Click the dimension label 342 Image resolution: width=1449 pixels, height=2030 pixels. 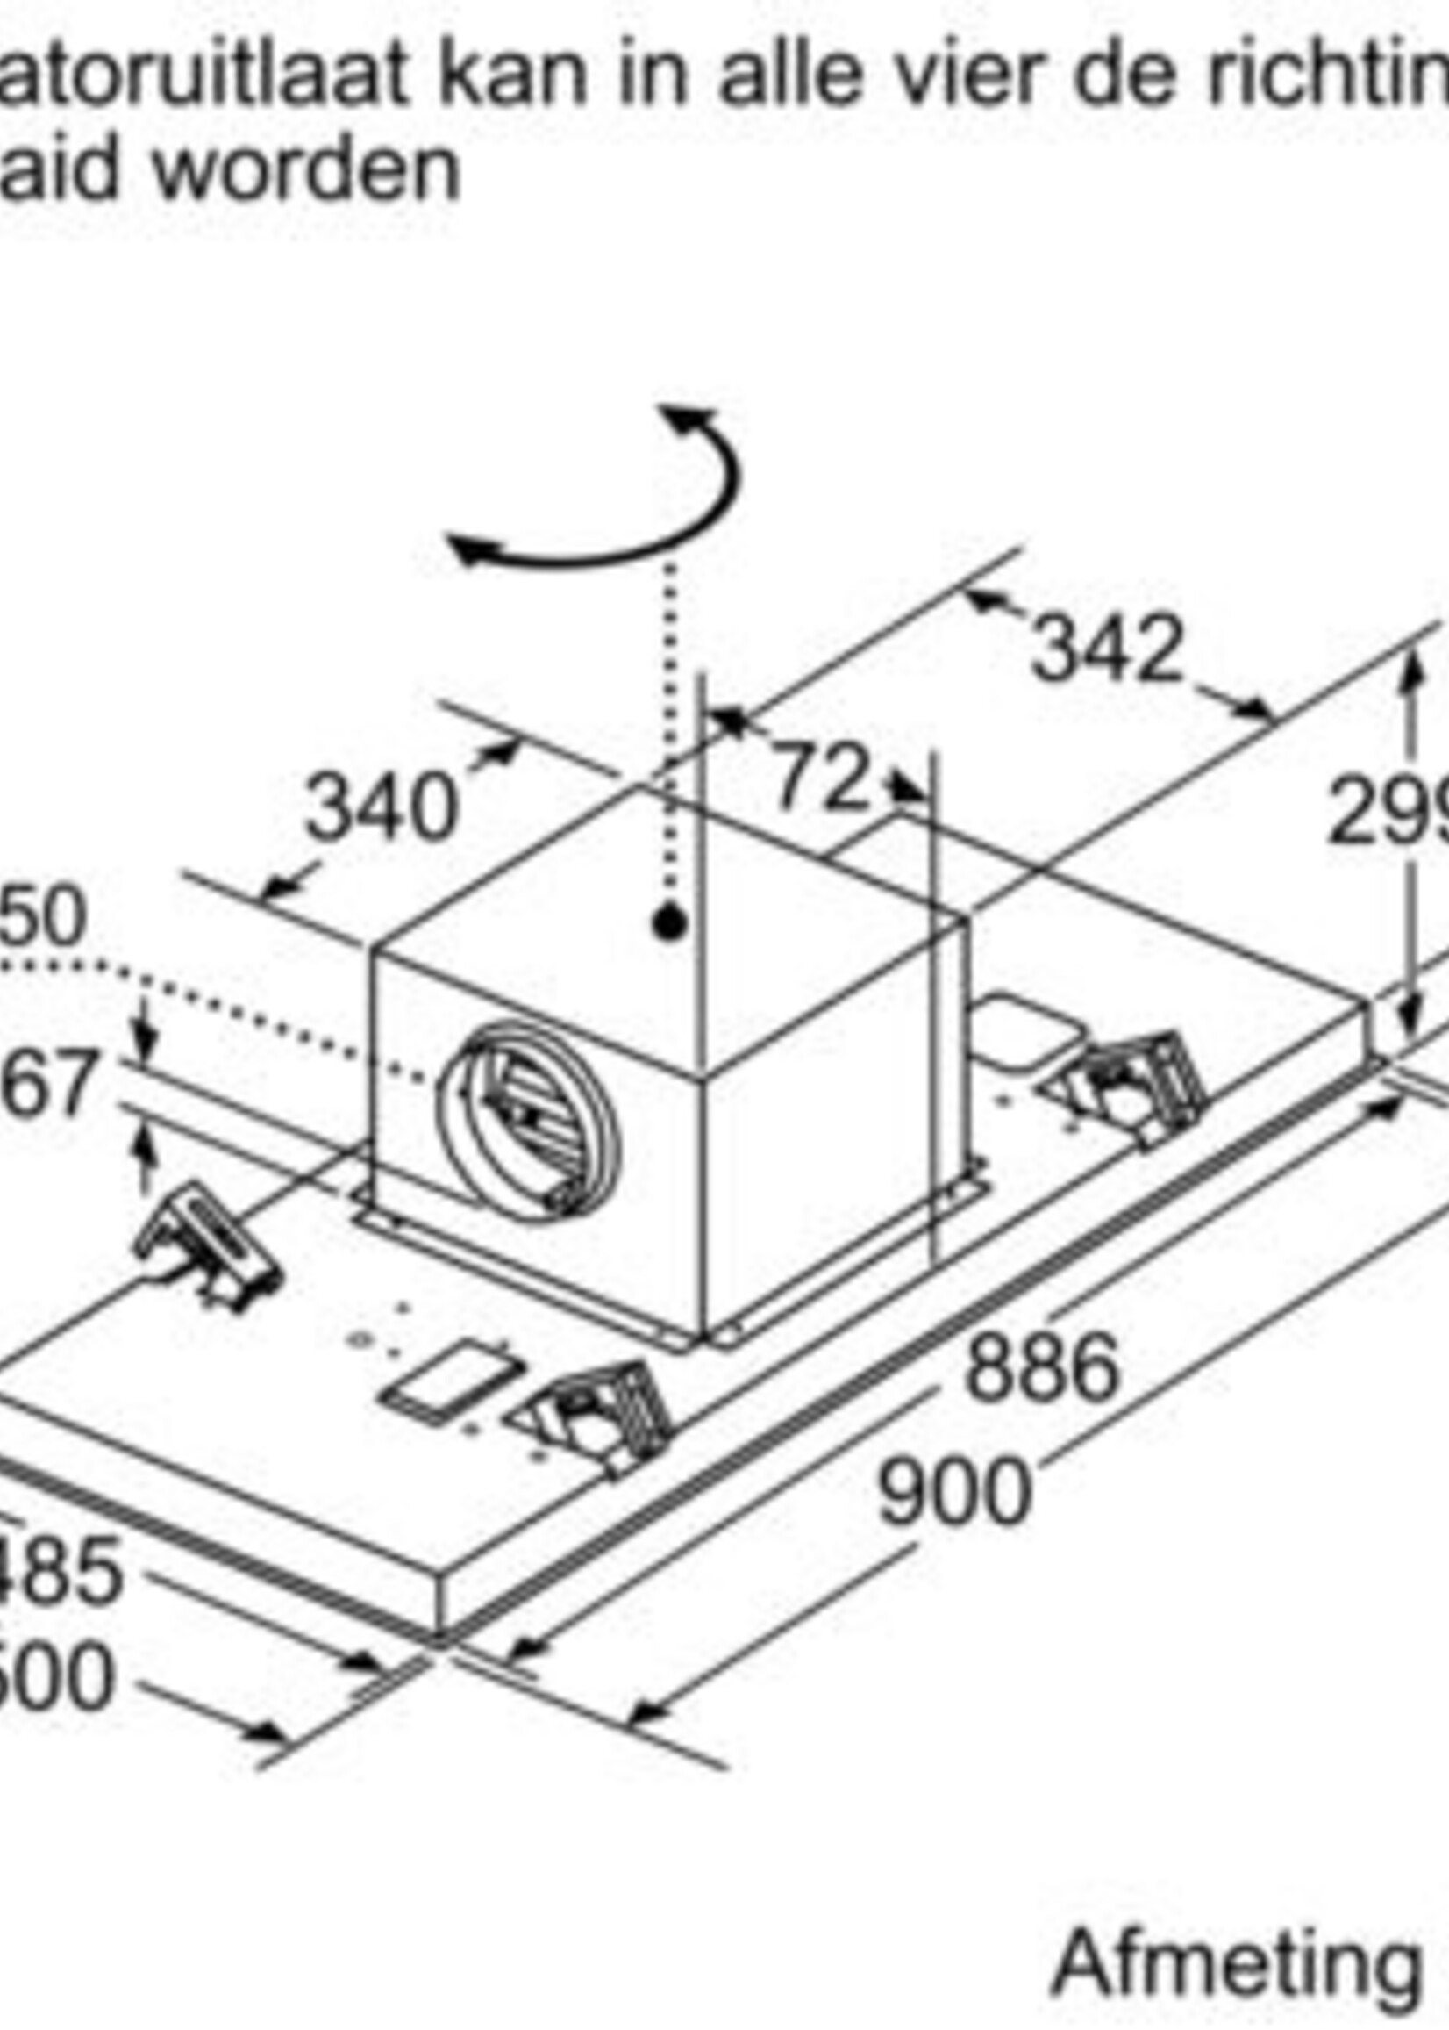1107,648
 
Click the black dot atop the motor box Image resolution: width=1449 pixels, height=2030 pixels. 668,923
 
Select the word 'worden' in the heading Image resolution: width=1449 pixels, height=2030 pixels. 307,169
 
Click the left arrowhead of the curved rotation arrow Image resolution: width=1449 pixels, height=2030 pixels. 468,549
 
